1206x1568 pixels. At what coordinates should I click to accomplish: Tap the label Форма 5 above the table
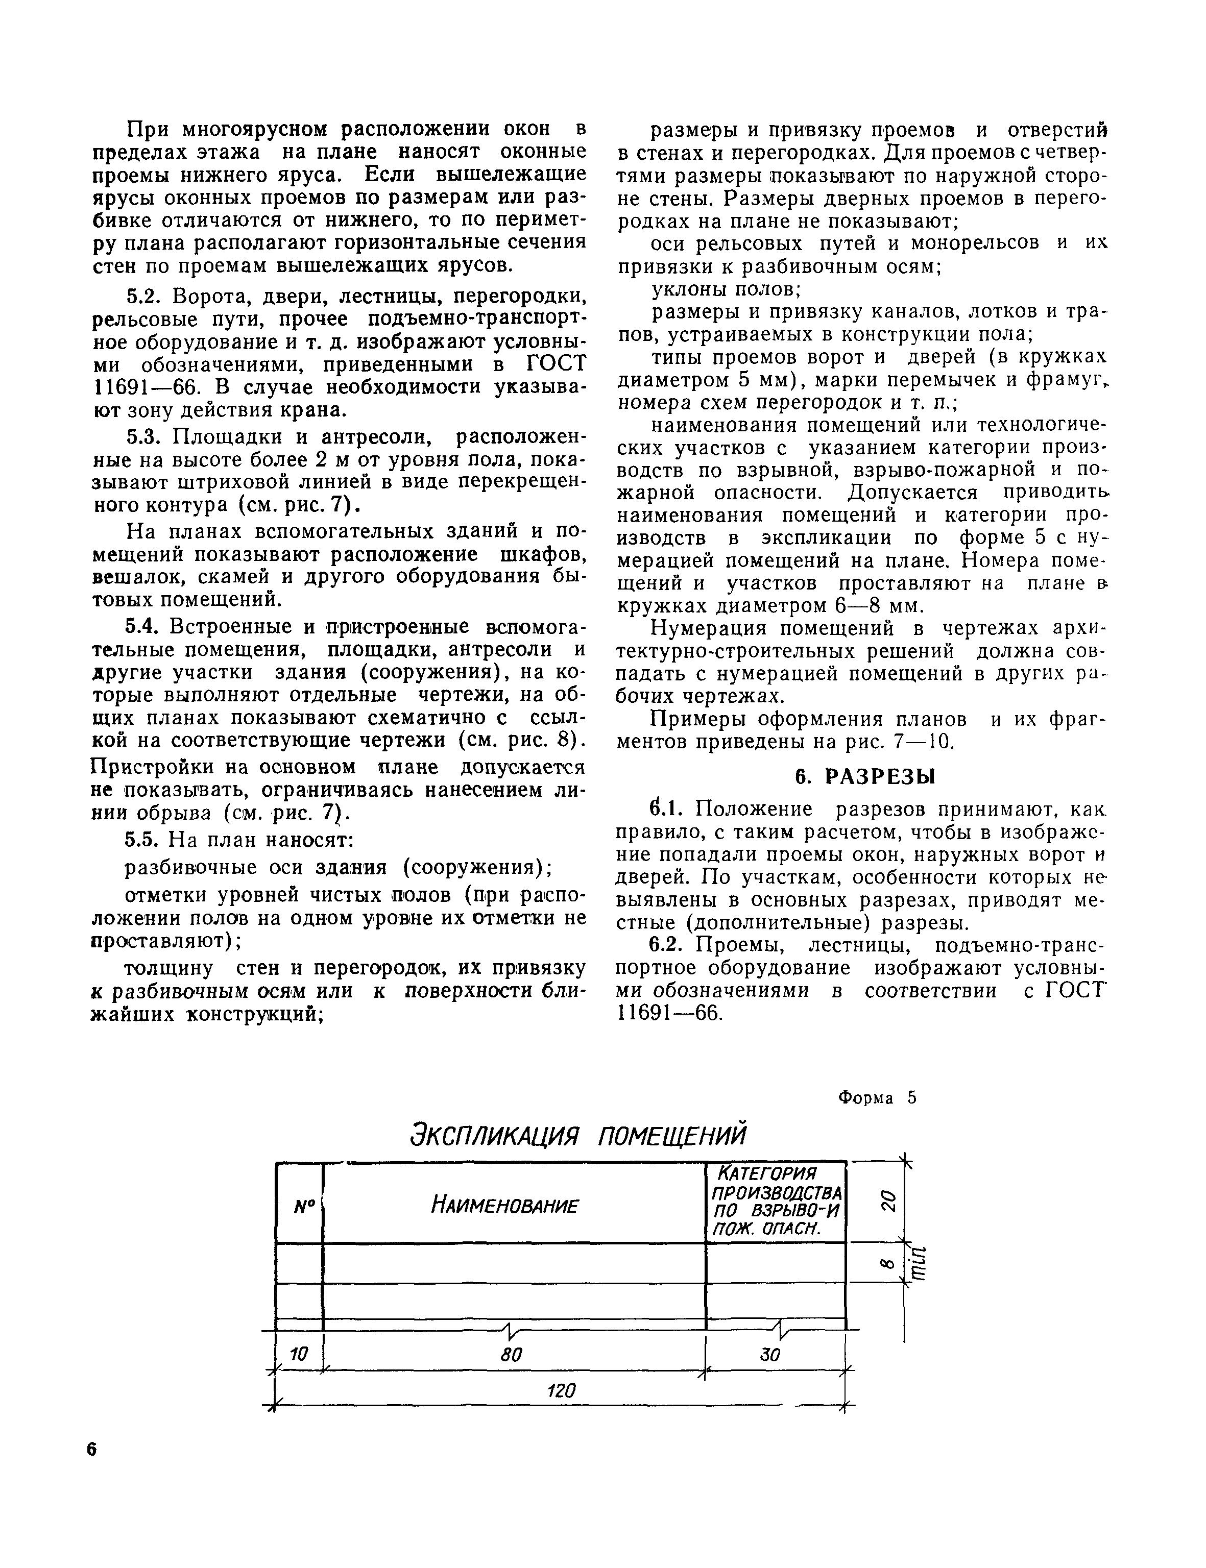coord(877,1097)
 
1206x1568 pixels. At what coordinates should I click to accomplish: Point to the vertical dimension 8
coord(887,1264)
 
